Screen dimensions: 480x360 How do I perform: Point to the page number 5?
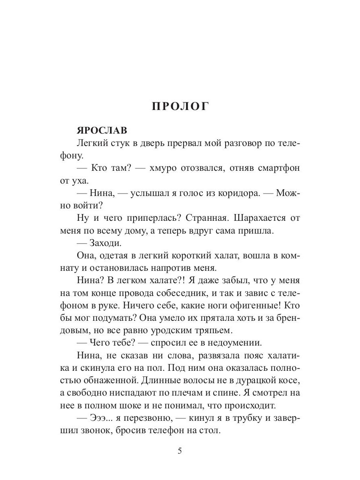180,451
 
